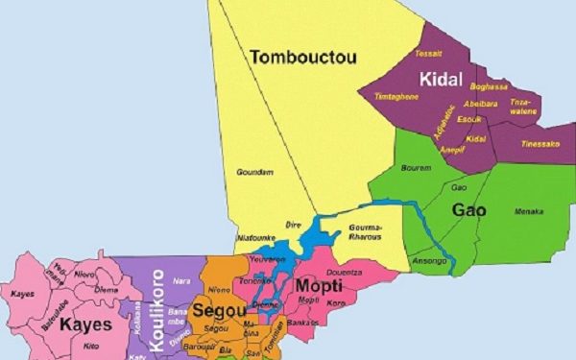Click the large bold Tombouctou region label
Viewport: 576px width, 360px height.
click(x=303, y=58)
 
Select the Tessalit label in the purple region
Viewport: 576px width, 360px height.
click(x=427, y=54)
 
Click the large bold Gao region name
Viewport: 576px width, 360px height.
click(x=469, y=209)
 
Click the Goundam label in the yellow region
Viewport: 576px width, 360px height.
click(x=254, y=172)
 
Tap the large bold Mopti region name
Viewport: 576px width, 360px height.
click(x=318, y=285)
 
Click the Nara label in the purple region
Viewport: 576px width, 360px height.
click(x=181, y=281)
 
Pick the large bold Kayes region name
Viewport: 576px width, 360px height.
click(x=85, y=324)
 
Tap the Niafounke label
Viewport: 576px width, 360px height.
click(x=254, y=239)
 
